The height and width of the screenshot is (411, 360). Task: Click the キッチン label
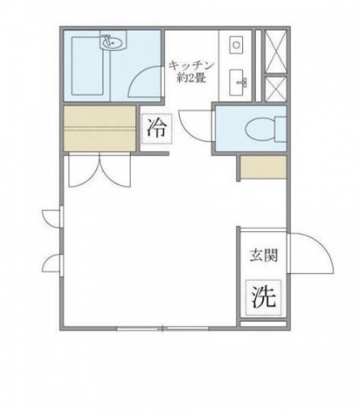point(190,66)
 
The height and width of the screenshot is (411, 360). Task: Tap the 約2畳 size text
point(190,78)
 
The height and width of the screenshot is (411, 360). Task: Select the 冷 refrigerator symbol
point(157,128)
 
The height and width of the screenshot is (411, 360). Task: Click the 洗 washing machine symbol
point(264,297)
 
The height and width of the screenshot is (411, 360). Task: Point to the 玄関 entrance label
point(264,255)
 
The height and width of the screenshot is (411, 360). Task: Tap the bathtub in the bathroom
point(87,66)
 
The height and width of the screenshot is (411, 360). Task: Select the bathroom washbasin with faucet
point(113,42)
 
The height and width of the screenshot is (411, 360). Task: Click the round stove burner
point(236,45)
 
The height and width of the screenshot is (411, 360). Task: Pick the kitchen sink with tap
point(237,82)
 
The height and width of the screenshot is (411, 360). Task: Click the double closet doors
point(100,170)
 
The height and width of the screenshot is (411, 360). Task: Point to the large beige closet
point(100,128)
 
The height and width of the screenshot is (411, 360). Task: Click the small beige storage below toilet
point(263,167)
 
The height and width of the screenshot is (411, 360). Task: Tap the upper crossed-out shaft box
point(275,51)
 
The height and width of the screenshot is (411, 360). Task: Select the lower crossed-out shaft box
point(275,89)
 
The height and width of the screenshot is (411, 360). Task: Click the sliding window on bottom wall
point(163,328)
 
